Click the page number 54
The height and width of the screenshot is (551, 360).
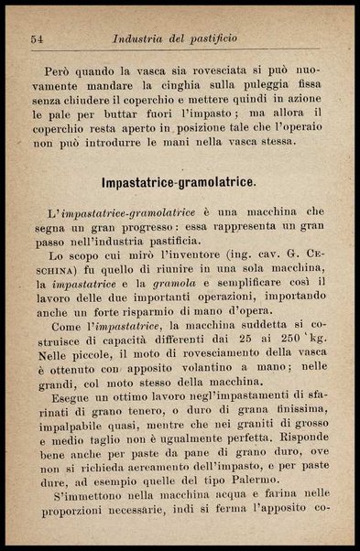coord(38,39)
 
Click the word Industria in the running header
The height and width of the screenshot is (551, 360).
coord(138,39)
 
